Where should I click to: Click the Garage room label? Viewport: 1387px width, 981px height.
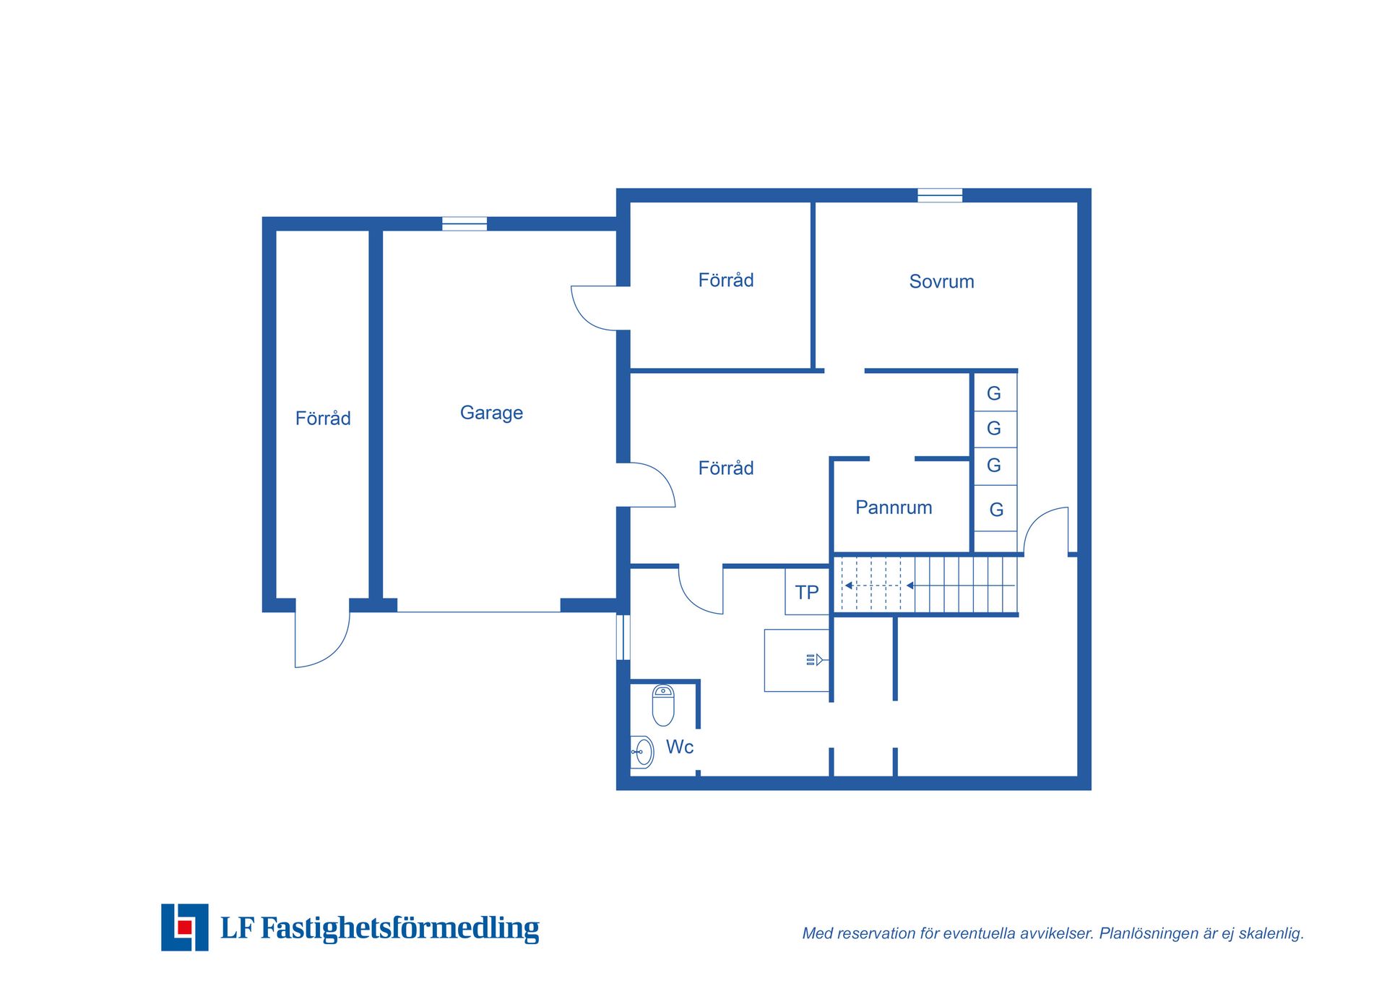(x=491, y=413)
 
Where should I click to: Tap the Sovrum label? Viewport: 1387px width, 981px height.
(x=941, y=281)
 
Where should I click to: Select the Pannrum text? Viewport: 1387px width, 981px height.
(x=894, y=507)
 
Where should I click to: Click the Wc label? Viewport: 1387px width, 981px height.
(x=679, y=747)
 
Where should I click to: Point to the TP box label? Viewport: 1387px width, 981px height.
(x=807, y=593)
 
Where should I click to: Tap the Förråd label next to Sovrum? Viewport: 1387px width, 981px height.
(x=725, y=280)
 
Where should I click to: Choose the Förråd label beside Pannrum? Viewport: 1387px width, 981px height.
(x=725, y=468)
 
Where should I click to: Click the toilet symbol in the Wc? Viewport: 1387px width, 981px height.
(x=663, y=706)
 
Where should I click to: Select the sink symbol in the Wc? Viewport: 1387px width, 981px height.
(x=642, y=753)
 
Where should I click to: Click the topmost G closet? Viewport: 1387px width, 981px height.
(x=995, y=393)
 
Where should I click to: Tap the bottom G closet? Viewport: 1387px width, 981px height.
(x=995, y=509)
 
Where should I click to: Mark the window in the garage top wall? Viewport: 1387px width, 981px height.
(x=465, y=223)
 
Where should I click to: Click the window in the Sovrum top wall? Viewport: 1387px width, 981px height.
(x=940, y=195)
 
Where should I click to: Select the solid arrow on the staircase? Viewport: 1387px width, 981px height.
(x=961, y=586)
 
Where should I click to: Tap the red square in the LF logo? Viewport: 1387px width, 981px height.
(x=185, y=927)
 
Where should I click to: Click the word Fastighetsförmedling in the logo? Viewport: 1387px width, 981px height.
(x=399, y=928)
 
